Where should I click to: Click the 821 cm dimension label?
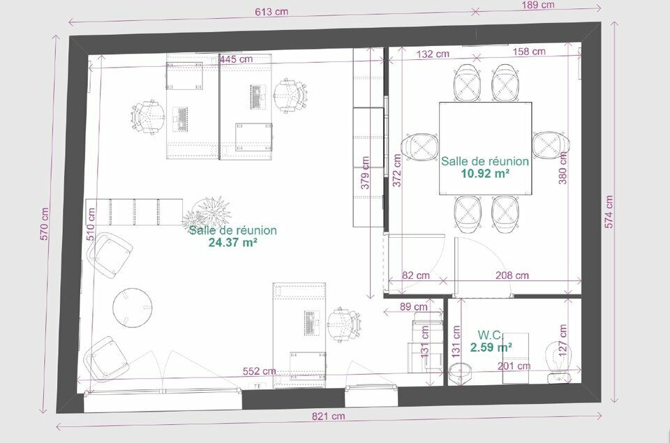(328, 416)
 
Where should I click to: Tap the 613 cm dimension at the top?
(271, 12)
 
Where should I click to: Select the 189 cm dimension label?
(538, 5)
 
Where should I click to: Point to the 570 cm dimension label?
(44, 224)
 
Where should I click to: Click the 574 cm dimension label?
(609, 212)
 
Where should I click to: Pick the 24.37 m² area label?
(232, 243)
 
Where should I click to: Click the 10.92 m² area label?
(485, 174)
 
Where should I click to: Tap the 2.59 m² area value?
(491, 347)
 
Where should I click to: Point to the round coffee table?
(133, 307)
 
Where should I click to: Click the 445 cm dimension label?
(237, 59)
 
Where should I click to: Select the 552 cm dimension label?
(260, 371)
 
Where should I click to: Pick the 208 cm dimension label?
(512, 276)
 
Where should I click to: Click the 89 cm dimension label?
(414, 306)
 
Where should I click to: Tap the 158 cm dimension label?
(529, 52)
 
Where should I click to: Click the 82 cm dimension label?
(416, 276)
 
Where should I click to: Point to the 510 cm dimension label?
(91, 224)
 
